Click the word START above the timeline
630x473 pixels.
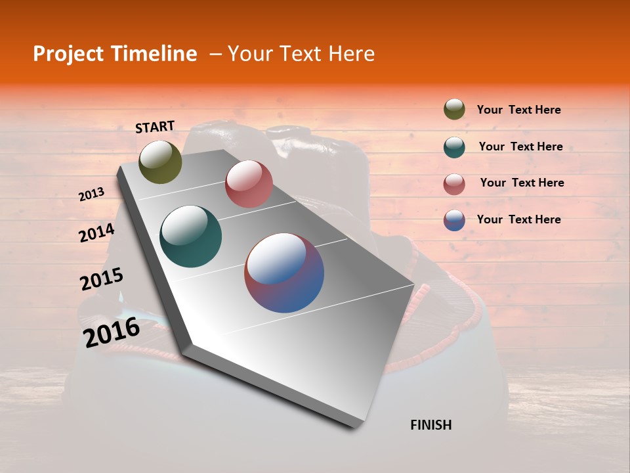pos(155,127)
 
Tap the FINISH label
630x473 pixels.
pos(430,425)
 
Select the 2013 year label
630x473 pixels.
pos(92,194)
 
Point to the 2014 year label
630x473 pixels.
pos(97,233)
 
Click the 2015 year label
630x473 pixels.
pos(102,279)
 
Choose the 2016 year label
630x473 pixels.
pos(112,332)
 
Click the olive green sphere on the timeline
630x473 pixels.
pos(161,162)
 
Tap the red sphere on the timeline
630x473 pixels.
pos(249,184)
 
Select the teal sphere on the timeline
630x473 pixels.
pos(191,236)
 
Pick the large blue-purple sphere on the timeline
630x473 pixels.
pos(284,273)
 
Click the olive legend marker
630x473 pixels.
pos(454,110)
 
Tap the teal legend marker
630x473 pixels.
pos(454,146)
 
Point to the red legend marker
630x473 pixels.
pos(454,183)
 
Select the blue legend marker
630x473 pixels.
pos(454,220)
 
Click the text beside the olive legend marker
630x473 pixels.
pos(518,110)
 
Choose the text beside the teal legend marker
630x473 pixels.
pos(520,146)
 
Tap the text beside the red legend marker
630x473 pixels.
pos(522,183)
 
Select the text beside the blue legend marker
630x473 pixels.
pos(518,219)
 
